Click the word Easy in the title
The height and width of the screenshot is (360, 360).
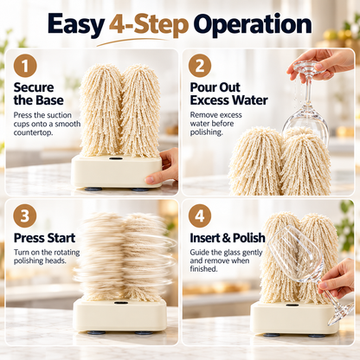(x=76, y=25)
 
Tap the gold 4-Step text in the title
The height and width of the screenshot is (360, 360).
(x=149, y=25)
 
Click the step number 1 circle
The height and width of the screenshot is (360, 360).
(x=25, y=66)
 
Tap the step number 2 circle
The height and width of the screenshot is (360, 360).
(x=200, y=66)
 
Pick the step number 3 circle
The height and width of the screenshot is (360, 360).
(x=25, y=215)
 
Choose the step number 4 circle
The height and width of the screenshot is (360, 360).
(x=200, y=215)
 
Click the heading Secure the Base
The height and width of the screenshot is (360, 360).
(x=39, y=93)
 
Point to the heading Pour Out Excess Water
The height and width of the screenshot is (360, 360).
(x=228, y=93)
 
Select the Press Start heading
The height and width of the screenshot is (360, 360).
(x=44, y=238)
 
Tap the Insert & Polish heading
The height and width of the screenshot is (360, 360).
(x=228, y=238)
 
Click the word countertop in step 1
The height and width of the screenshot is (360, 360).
(x=33, y=132)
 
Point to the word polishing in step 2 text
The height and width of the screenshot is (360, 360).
(x=206, y=132)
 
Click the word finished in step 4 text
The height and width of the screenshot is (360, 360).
(x=203, y=269)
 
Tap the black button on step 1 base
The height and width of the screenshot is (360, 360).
(x=115, y=158)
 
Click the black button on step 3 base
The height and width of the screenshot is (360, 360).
(x=121, y=303)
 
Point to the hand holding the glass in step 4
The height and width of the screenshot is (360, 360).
(x=337, y=278)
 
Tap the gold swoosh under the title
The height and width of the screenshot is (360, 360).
(x=132, y=42)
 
